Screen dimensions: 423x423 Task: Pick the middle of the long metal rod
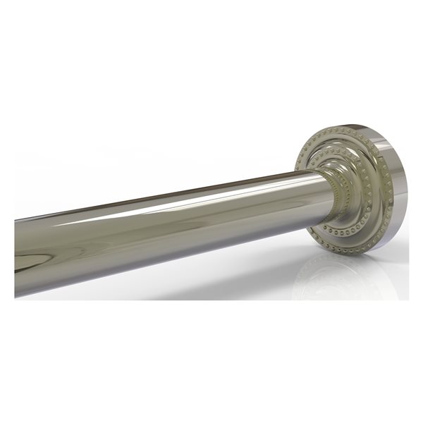(169, 226)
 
